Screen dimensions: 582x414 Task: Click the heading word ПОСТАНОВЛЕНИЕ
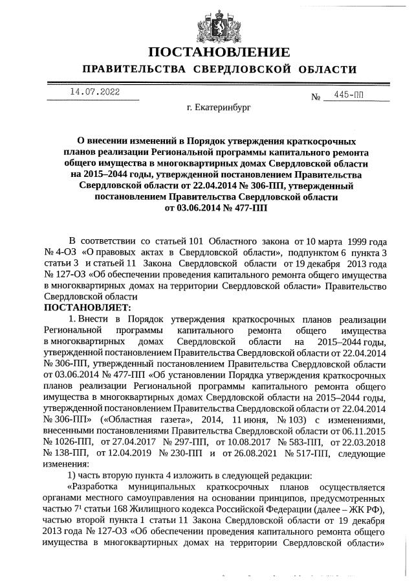[x=207, y=52]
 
